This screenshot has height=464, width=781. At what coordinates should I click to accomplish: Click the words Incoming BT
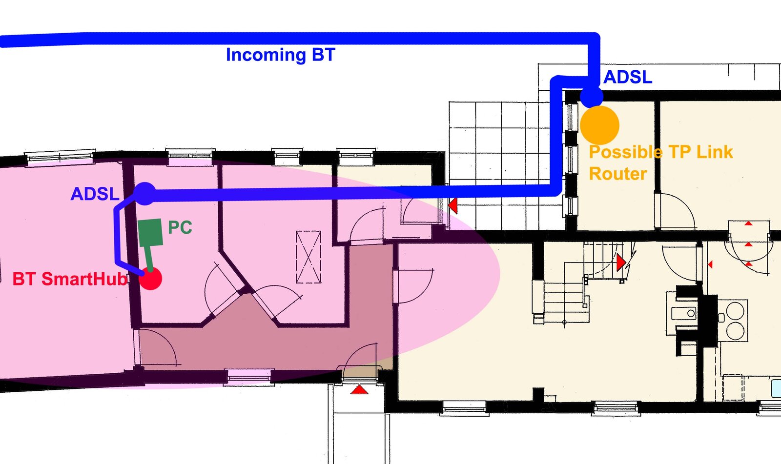click(x=280, y=55)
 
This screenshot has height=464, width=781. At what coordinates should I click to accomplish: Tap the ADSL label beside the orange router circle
click(x=628, y=77)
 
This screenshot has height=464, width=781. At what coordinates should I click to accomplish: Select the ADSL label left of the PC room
click(x=95, y=194)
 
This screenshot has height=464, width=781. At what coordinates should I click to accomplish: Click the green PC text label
click(x=180, y=227)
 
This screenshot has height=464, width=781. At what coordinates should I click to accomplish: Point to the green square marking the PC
click(x=150, y=232)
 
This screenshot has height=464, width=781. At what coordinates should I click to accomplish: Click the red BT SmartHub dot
click(x=150, y=279)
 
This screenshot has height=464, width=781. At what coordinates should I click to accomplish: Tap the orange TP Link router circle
click(x=599, y=125)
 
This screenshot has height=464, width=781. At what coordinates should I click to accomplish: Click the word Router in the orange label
click(x=617, y=174)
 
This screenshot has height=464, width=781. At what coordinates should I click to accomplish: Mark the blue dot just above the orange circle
click(x=592, y=96)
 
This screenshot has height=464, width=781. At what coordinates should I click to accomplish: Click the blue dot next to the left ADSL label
click(x=144, y=194)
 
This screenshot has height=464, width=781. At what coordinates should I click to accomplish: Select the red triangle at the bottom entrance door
click(x=359, y=390)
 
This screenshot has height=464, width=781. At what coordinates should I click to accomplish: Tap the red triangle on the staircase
click(x=620, y=262)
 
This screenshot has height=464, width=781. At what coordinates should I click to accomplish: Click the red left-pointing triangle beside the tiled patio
click(x=453, y=205)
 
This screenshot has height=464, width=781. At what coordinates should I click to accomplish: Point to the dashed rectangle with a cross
click(x=308, y=257)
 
